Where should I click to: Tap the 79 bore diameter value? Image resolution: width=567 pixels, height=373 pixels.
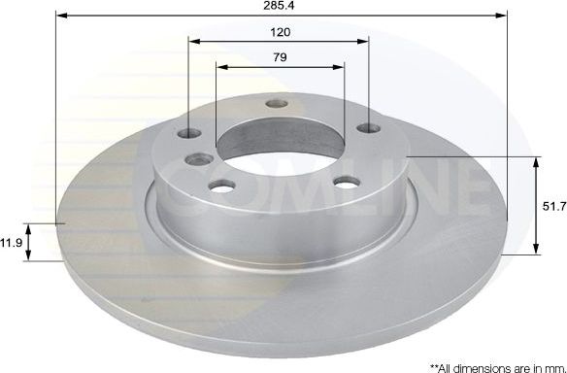coord(281,57)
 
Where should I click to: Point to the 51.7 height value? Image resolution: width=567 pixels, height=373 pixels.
coord(553,205)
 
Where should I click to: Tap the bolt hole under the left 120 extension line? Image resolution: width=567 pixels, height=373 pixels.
coord(190,131)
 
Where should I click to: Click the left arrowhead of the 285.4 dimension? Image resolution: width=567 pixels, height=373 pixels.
coord(59,16)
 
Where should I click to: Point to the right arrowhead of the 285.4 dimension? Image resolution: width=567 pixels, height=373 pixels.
coord(504,16)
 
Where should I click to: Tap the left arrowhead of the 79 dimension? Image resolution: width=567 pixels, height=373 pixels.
coord(219,67)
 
